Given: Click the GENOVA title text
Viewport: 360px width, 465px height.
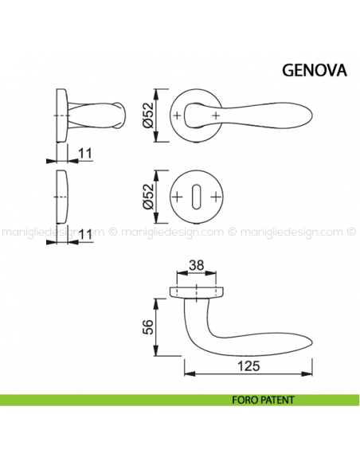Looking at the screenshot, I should click(314, 68).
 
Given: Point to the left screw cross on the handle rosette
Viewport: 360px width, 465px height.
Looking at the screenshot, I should click(177, 116).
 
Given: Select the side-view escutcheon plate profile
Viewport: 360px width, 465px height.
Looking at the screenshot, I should click(61, 197).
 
